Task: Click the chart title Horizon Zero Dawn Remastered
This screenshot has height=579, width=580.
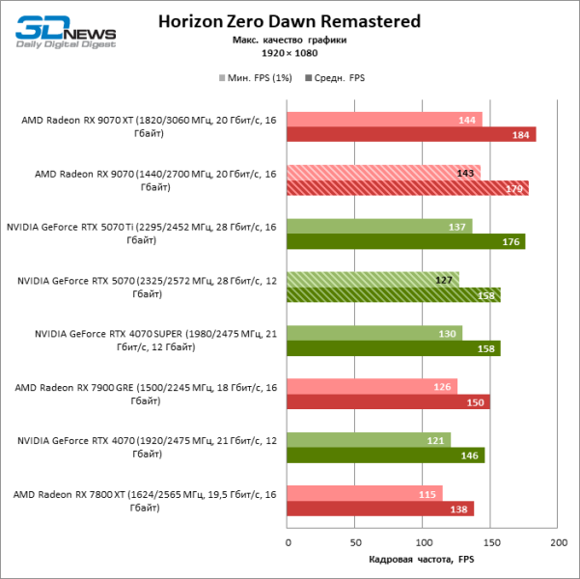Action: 289,20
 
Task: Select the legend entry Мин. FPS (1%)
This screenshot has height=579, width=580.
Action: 254,77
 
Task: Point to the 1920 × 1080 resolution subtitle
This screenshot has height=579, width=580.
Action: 289,54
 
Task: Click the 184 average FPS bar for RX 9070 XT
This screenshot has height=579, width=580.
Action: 411,135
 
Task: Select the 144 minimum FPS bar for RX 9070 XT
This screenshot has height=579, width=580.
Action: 384,120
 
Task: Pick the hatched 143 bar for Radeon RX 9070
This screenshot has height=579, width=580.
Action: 383,173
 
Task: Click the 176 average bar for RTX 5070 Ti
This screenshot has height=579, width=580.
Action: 405,241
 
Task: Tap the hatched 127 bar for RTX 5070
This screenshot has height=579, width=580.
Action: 373,280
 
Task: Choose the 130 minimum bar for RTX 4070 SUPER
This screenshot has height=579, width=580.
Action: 374,333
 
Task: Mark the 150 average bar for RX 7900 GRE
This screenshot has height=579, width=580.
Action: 388,401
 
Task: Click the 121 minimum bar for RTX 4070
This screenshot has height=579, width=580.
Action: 369,440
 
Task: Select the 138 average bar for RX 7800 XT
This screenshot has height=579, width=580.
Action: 380,509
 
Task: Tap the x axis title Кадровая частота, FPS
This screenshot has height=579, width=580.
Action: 422,560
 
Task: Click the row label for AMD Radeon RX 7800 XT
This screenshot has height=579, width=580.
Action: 145,501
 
